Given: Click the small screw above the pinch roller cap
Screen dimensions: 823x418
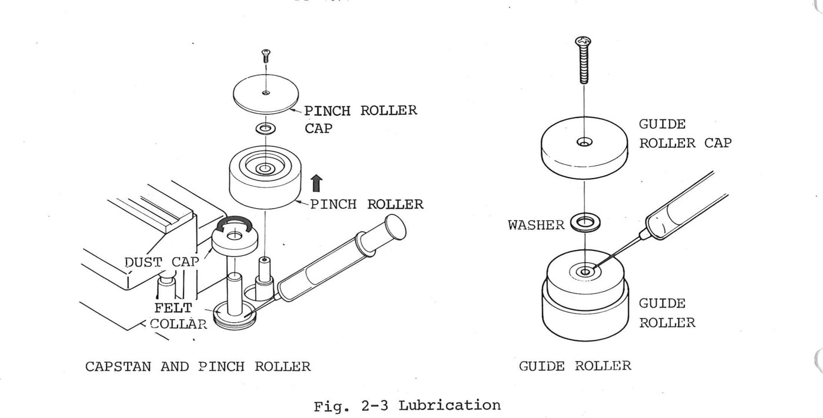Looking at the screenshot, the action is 266,56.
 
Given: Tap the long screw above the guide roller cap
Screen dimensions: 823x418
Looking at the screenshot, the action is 583,60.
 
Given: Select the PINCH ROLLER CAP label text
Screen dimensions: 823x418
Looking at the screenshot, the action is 360,119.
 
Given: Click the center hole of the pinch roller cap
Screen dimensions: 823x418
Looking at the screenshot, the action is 266,92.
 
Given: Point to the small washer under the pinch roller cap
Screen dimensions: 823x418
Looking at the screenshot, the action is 266,129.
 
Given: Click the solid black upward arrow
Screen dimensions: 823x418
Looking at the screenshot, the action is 316,183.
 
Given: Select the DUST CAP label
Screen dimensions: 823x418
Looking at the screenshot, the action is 162,262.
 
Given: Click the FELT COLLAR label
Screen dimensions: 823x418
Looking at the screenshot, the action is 179,316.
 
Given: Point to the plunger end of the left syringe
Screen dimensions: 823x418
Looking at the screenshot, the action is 395,227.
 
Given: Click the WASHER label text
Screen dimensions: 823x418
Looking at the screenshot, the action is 536,225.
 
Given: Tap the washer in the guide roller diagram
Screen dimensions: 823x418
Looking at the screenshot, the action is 586,223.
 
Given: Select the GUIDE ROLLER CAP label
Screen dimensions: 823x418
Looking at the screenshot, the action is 685,133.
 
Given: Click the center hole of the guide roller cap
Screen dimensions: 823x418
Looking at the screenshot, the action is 584,142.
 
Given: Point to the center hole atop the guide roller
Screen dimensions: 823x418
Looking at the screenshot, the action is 586,272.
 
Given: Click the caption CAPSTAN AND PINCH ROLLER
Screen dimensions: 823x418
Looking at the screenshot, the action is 198,367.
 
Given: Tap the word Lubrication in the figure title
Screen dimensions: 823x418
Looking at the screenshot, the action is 450,405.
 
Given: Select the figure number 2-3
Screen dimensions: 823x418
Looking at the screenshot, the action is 375,406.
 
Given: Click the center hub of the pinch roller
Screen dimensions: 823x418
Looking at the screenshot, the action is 265,169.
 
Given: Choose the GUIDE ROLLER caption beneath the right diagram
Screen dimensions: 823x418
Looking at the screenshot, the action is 575,366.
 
